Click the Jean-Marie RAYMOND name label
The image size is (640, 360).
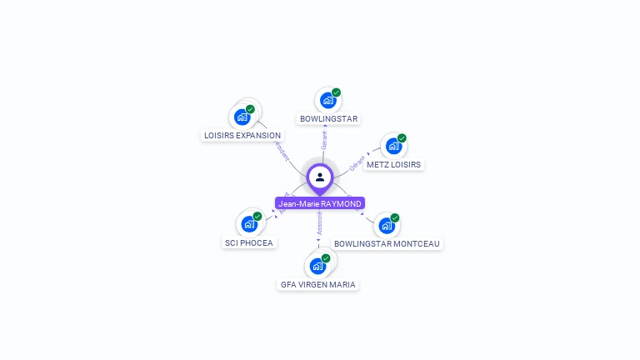pos(320,203)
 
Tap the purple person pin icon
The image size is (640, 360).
pos(320,177)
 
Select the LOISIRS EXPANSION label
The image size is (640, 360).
pos(242,135)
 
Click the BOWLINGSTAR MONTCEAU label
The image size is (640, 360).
pos(387,243)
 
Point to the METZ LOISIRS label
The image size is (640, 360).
pos(393,165)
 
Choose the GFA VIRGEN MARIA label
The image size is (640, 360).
pos(317,284)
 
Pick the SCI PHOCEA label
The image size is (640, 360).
pos(248,243)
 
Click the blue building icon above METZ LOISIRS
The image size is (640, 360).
pos(393,147)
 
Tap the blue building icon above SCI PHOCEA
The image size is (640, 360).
pos(248,223)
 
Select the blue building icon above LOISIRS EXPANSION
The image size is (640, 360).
pos(242,117)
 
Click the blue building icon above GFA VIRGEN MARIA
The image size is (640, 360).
pos(317,266)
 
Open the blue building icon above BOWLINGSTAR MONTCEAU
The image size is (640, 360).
pos(386,225)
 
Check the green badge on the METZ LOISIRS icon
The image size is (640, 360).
pos(402,138)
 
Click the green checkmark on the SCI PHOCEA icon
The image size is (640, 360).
pos(257,216)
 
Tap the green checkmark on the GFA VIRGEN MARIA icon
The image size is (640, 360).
pos(326,258)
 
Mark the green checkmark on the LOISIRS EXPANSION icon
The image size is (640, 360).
pos(250,109)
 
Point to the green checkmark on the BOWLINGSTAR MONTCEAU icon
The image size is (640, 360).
pos(395,217)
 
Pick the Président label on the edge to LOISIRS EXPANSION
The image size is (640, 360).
pos(282,150)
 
